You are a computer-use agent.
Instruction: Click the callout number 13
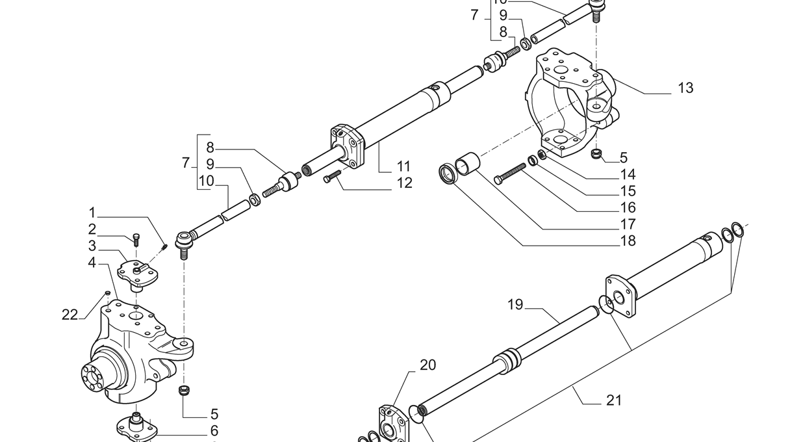pyautogui.click(x=685, y=88)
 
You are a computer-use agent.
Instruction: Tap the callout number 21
pyautogui.click(x=614, y=400)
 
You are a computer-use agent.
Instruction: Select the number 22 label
pyautogui.click(x=70, y=315)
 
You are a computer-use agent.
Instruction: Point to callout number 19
pyautogui.click(x=515, y=304)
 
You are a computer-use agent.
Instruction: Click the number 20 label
pyautogui.click(x=427, y=365)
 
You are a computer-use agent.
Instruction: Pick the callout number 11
pyautogui.click(x=404, y=166)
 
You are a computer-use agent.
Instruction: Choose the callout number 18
pyautogui.click(x=627, y=241)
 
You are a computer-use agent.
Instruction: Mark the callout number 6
pyautogui.click(x=214, y=430)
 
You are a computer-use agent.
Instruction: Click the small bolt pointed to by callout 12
pyautogui.click(x=331, y=176)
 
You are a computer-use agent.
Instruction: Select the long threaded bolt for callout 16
pyautogui.click(x=510, y=174)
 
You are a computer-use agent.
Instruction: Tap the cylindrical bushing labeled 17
pyautogui.click(x=468, y=163)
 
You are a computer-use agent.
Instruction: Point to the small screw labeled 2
pyautogui.click(x=136, y=239)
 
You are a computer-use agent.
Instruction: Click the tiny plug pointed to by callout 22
pyautogui.click(x=108, y=293)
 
